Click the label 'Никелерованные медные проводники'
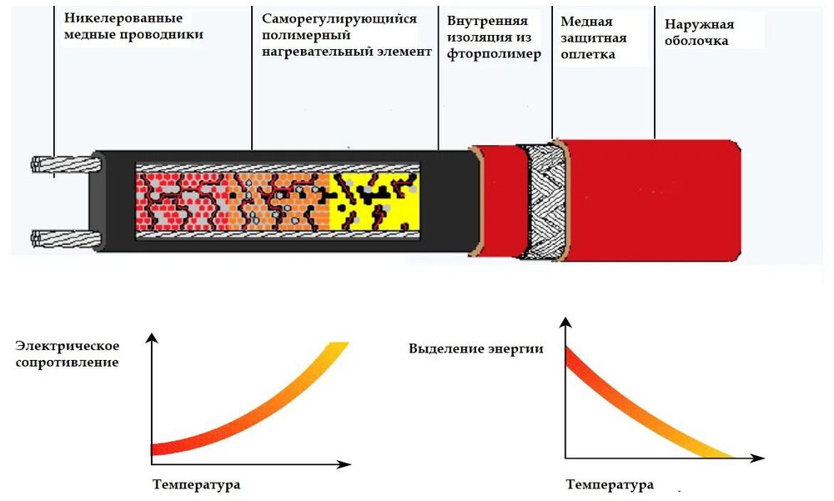pos(133,27)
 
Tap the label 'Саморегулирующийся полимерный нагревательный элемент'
pos(346,35)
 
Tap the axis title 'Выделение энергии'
pos(476,348)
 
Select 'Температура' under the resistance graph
pos(197,483)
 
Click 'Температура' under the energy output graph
pos(610,484)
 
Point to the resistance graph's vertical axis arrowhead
pos(151,338)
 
